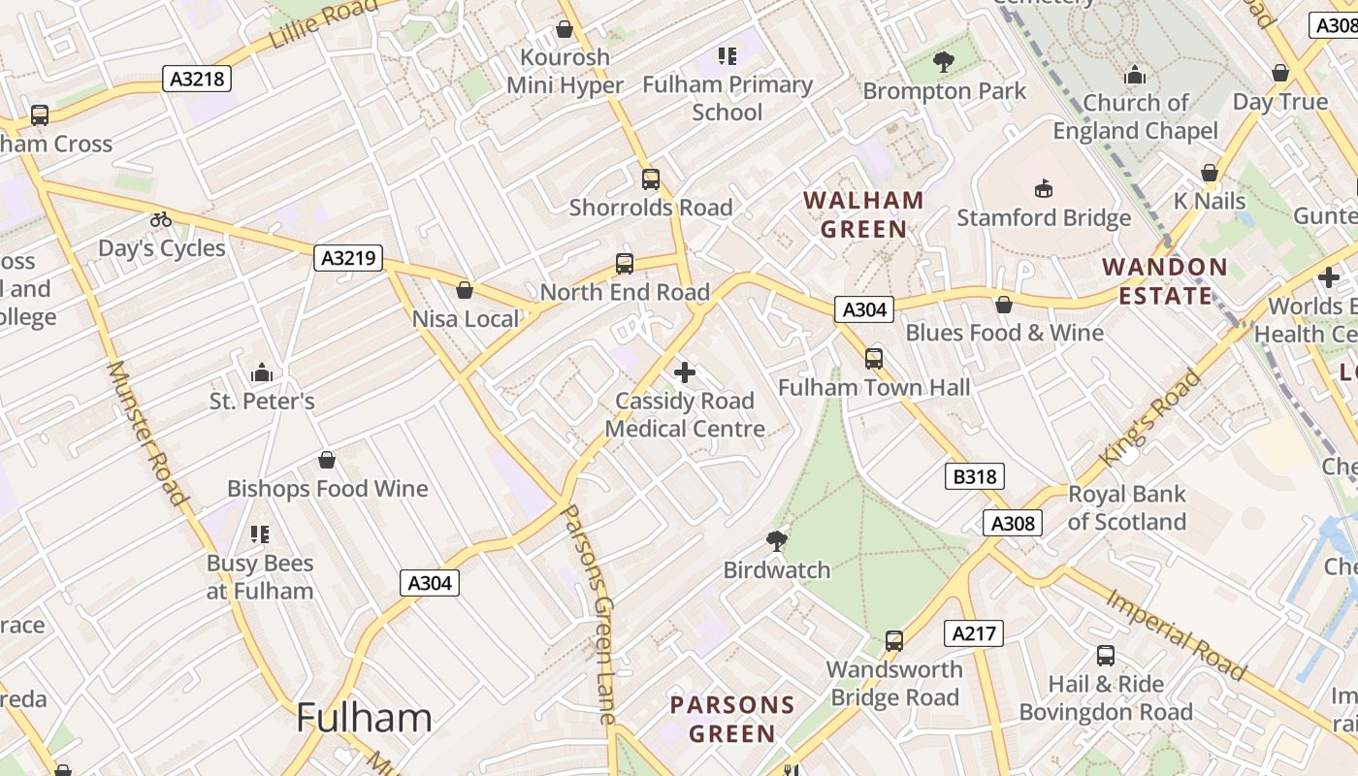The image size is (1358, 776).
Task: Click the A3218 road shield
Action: pyautogui.click(x=199, y=79)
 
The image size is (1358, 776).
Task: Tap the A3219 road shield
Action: pyautogui.click(x=349, y=258)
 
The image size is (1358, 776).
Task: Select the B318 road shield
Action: pyautogui.click(x=974, y=476)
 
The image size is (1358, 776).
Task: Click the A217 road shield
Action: pyautogui.click(x=973, y=633)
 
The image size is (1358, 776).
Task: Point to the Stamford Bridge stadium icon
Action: pyautogui.click(x=1044, y=188)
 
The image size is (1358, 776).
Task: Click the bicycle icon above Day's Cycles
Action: pyautogui.click(x=161, y=220)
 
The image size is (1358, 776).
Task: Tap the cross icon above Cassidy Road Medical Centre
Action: pyautogui.click(x=685, y=372)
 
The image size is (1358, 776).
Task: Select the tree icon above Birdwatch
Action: pyautogui.click(x=776, y=540)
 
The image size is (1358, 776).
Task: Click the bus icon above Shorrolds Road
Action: pyautogui.click(x=650, y=179)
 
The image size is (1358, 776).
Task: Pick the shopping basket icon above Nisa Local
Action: pyautogui.click(x=465, y=290)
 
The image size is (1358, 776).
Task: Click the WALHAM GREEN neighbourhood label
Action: pyautogui.click(x=863, y=214)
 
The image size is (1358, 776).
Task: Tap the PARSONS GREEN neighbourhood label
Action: pyautogui.click(x=732, y=719)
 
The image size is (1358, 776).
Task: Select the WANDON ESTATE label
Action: pyautogui.click(x=1165, y=281)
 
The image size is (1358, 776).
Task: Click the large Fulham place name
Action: pyautogui.click(x=364, y=718)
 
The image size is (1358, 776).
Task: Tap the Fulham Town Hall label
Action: pyautogui.click(x=874, y=388)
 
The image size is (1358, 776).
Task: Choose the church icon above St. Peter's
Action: pyautogui.click(x=261, y=372)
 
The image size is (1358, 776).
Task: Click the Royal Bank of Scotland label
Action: pyautogui.click(x=1126, y=507)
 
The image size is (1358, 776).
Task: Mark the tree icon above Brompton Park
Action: pyautogui.click(x=943, y=63)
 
